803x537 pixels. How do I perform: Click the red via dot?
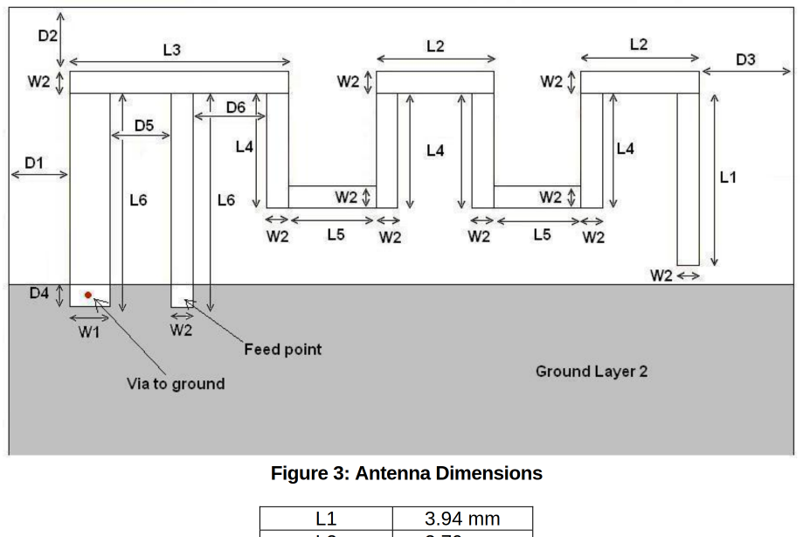pos(88,296)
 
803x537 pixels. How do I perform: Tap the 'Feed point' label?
pos(282,350)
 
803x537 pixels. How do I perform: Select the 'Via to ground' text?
pos(176,384)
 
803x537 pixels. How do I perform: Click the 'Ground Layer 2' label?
pos(592,372)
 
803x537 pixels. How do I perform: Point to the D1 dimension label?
pos(34,162)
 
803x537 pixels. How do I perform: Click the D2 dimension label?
pos(47,36)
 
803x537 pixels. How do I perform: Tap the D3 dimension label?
pos(744,59)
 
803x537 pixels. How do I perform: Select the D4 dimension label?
pos(38,293)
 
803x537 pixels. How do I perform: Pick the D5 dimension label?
pos(144,126)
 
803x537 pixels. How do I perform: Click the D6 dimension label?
pos(235,107)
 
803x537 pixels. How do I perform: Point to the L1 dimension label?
pos(728,178)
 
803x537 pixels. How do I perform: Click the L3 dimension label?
pos(171,51)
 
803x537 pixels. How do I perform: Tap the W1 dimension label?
pos(88,331)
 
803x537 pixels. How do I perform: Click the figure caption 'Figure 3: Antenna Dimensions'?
pos(406,474)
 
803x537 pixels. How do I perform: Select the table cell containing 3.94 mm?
pos(461,519)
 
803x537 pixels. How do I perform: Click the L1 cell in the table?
pos(325,519)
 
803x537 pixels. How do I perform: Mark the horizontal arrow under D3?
pos(745,72)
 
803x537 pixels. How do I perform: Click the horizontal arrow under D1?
pos(39,174)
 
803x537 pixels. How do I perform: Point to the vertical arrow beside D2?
pos(60,39)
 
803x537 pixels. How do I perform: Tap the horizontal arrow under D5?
pos(141,136)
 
